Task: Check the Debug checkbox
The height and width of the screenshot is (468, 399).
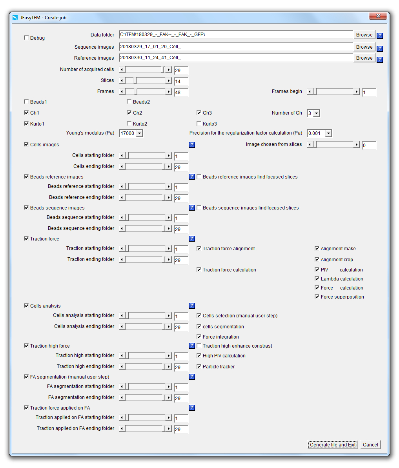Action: [26, 38]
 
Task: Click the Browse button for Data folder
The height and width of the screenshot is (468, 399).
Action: [364, 35]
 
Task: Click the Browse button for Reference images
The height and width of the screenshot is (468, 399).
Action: [364, 58]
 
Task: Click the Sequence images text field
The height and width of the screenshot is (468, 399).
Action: [235, 47]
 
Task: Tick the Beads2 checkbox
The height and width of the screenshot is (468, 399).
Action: [129, 102]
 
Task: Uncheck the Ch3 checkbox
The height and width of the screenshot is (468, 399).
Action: [199, 113]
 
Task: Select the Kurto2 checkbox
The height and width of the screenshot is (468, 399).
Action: [129, 124]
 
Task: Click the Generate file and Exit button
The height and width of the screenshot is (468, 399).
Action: [333, 444]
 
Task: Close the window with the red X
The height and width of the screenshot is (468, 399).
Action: [378, 16]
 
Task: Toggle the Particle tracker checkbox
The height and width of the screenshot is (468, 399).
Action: [199, 367]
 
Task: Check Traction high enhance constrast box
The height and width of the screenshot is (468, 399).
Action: [199, 346]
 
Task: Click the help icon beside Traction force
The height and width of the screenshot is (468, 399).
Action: [192, 239]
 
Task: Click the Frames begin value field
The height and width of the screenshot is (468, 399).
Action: [369, 93]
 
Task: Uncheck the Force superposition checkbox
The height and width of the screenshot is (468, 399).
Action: [317, 297]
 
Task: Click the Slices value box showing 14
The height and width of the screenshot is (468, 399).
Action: [181, 82]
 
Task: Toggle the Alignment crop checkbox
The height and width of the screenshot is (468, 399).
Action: [317, 260]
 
